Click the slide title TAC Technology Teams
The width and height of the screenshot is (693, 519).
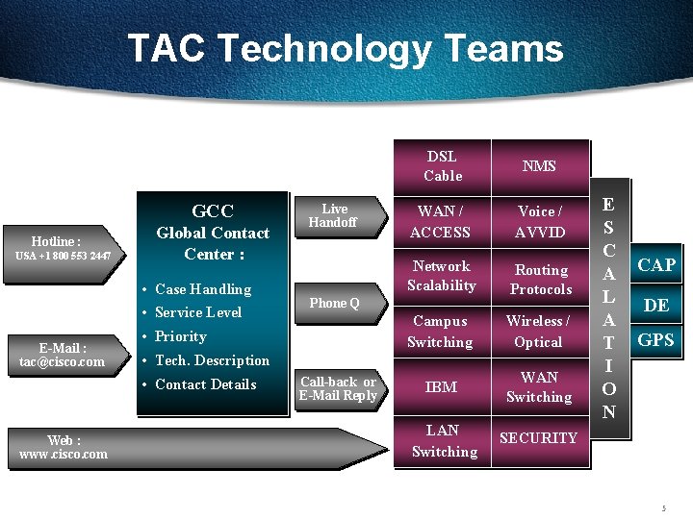tap(345, 48)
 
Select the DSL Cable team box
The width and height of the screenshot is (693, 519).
tap(443, 165)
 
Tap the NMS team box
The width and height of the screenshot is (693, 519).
tap(539, 166)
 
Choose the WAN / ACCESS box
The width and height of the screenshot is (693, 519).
tap(440, 222)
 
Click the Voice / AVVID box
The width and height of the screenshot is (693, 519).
tap(539, 222)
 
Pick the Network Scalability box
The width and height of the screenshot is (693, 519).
tap(441, 276)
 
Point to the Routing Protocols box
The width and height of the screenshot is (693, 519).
tap(540, 279)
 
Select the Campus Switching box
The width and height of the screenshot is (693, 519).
tap(440, 332)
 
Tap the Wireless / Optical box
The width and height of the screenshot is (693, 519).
tap(538, 332)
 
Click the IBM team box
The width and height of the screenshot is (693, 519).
tap(441, 386)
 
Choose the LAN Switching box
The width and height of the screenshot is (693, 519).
tap(444, 440)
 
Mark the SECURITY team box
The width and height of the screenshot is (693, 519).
tap(538, 438)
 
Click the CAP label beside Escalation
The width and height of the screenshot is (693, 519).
tap(656, 265)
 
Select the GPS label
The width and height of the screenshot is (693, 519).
tap(656, 339)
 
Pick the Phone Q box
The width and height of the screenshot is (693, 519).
tap(334, 303)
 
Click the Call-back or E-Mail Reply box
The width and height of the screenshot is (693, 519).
tap(337, 388)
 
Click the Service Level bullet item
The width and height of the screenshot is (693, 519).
tap(198, 312)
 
